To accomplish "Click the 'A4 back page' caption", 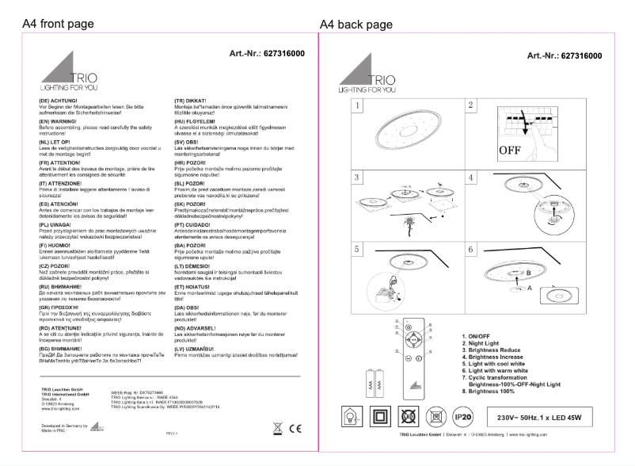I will pyautogui.click(x=356, y=25).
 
